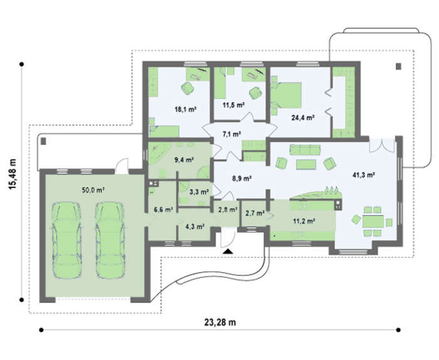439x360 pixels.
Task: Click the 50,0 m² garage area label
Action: [x=93, y=191]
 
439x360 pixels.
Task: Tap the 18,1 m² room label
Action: [x=185, y=110]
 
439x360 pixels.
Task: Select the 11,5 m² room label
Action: [x=233, y=105]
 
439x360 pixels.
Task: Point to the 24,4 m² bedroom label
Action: [x=303, y=118]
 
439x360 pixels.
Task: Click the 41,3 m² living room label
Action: [x=364, y=175]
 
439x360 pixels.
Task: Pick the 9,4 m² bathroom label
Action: [x=184, y=160]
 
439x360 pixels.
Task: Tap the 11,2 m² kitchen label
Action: [x=304, y=221]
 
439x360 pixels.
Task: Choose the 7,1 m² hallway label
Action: [x=232, y=134]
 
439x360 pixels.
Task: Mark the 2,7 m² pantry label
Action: [x=255, y=213]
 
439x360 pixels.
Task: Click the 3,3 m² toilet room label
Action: [x=199, y=192]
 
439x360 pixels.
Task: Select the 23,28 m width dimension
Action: [x=220, y=322]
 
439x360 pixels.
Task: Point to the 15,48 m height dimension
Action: [x=13, y=174]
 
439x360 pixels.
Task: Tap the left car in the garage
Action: [x=66, y=240]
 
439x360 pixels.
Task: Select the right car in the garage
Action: [x=110, y=240]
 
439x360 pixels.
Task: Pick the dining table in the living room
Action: [x=373, y=221]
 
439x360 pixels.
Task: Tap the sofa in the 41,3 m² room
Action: [x=305, y=150]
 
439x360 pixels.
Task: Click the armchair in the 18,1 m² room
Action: [x=188, y=88]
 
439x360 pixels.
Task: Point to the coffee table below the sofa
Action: [x=306, y=164]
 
